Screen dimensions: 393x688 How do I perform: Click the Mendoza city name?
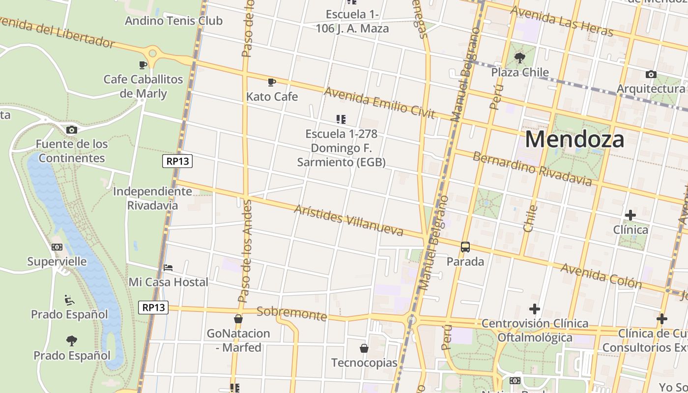tap(574, 139)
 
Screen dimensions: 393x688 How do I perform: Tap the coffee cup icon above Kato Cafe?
tap(272, 82)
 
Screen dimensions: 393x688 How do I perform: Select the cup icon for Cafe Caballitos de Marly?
tap(143, 65)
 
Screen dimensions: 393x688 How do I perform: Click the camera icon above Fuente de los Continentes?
tap(72, 130)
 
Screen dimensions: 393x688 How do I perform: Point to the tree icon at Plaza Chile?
tap(519, 58)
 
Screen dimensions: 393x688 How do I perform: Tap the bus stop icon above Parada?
tap(465, 247)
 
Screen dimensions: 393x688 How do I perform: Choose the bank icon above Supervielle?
tap(57, 247)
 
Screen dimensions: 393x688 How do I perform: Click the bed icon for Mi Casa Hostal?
tap(168, 268)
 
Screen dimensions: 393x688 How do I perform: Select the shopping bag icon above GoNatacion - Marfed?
tap(238, 319)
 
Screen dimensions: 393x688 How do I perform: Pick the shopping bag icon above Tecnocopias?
tap(364, 348)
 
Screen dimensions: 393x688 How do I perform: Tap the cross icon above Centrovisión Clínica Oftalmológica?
tap(535, 309)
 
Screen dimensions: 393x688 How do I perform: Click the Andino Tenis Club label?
tap(173, 21)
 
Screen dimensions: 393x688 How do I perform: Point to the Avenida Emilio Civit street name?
tap(379, 103)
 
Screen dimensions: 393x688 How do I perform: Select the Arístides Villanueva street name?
tap(348, 220)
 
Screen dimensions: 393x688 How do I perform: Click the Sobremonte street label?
tap(291, 313)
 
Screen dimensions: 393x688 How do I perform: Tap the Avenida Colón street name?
tap(601, 275)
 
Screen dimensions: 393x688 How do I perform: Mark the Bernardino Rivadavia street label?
tap(532, 169)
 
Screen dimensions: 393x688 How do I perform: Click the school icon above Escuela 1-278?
tap(341, 119)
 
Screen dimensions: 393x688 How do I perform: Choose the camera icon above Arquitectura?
tap(651, 75)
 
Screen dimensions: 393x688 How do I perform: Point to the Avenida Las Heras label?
tap(562, 21)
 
